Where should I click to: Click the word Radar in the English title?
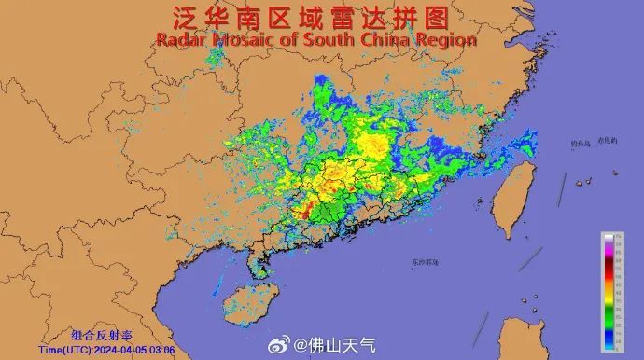(178, 40)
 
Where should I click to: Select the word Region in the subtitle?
(446, 40)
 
